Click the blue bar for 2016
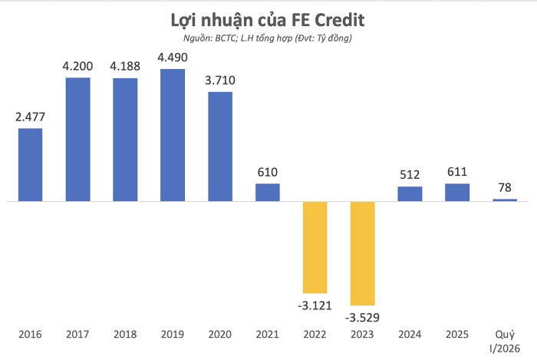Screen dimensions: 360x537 [x=31, y=165]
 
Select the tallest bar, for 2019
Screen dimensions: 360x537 [x=173, y=136]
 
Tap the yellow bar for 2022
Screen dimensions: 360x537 [x=315, y=247]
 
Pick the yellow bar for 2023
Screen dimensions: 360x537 [x=363, y=253]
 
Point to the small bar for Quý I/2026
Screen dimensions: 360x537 [x=505, y=200]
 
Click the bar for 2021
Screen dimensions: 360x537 [x=268, y=193]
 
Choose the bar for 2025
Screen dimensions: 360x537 [x=457, y=193]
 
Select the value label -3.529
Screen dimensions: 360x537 [x=363, y=315]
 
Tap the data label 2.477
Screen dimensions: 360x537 [x=31, y=117]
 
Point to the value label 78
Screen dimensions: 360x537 [x=505, y=188]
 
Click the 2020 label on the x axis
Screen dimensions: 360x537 [x=220, y=335]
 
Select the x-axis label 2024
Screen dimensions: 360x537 [x=410, y=335]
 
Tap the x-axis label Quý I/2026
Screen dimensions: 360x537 [x=505, y=340]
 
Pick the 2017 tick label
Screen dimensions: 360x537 [x=77, y=335]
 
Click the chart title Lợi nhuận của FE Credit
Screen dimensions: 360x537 [x=268, y=18]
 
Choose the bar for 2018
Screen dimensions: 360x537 [x=125, y=140]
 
